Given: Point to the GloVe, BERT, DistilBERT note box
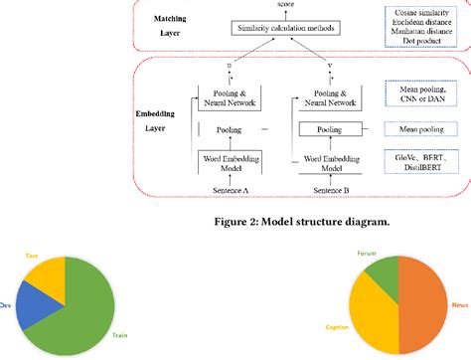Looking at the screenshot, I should (x=426, y=161).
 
